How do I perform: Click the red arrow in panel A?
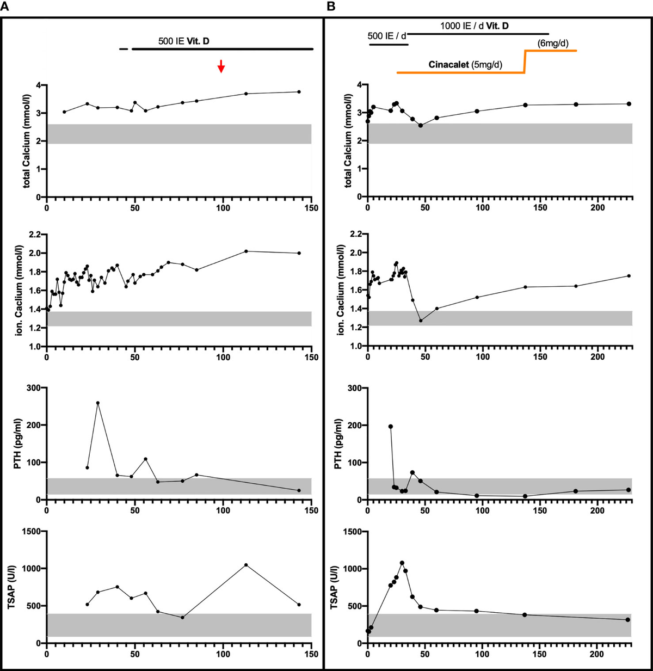tap(220, 66)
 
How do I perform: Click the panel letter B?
tap(330, 7)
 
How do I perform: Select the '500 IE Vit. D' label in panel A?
tap(183, 41)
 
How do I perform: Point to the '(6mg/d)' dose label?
tap(553, 44)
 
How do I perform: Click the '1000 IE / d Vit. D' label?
tap(475, 26)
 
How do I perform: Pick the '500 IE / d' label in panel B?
tap(387, 36)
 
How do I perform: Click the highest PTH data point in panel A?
tap(98, 403)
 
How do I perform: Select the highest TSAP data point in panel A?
tap(246, 565)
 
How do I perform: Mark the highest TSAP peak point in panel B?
tap(402, 563)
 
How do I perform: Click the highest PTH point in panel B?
tap(391, 427)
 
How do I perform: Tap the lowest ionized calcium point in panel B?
tap(421, 321)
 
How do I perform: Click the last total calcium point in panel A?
tap(299, 92)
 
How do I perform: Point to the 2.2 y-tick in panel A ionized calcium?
tap(34, 235)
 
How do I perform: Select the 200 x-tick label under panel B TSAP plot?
tap(597, 654)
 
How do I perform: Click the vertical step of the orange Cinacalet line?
tap(525, 61)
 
